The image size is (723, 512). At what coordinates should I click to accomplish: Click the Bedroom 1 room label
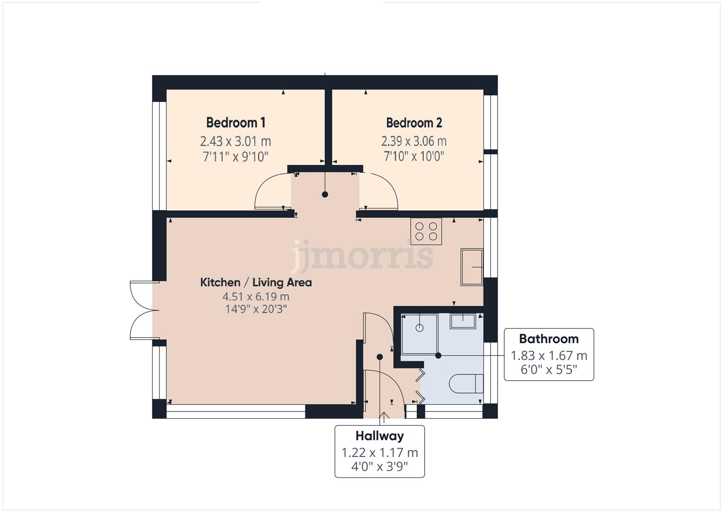point(235,123)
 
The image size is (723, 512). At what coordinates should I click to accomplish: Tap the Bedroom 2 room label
point(414,123)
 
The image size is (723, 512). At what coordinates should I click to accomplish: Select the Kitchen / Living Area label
point(256,283)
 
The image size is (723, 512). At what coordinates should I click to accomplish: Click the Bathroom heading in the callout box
point(548,339)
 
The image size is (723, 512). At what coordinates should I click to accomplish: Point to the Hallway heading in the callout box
point(379,436)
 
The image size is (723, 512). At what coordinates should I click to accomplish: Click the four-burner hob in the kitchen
point(426,231)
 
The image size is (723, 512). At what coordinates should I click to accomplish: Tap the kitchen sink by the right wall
point(472,267)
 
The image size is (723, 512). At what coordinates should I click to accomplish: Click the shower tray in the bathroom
point(419,334)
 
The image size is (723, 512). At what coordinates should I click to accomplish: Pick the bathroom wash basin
point(463,320)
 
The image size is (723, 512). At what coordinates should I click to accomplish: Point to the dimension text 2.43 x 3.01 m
point(235,141)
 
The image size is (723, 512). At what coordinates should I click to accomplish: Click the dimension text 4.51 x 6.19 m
point(256,297)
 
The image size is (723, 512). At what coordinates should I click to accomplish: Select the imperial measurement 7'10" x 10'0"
point(414,156)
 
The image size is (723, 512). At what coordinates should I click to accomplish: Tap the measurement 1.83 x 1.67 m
point(548,356)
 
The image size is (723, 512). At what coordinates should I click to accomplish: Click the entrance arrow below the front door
point(384,417)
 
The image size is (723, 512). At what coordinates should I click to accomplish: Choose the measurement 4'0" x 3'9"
point(379,466)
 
